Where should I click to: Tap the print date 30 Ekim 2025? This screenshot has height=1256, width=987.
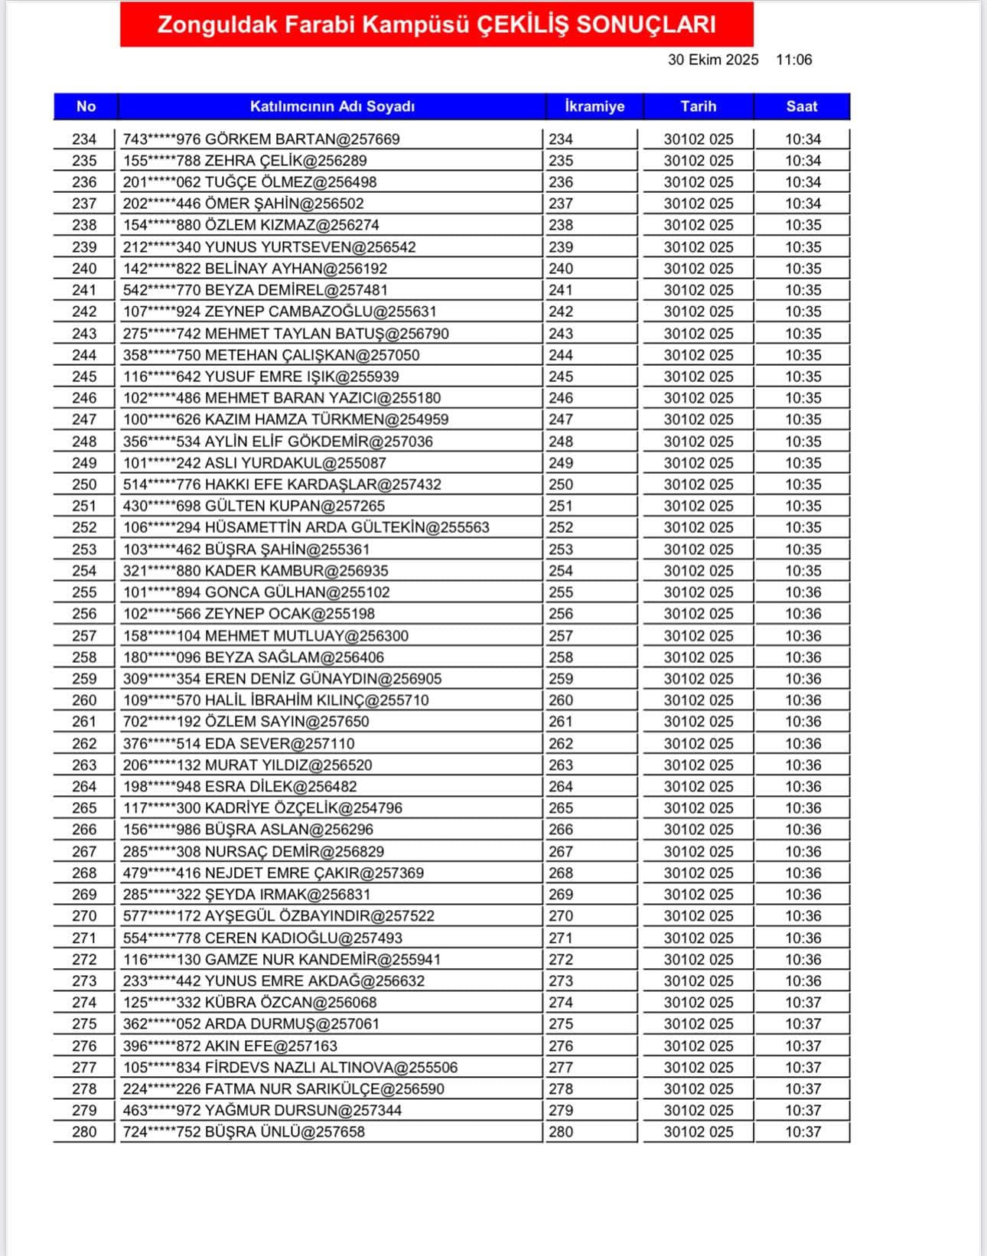pyautogui.click(x=713, y=60)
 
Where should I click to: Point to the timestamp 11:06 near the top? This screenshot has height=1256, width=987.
pyautogui.click(x=793, y=60)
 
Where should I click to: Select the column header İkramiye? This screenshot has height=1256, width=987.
pyautogui.click(x=594, y=106)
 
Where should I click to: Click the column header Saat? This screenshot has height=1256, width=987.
pyautogui.click(x=801, y=106)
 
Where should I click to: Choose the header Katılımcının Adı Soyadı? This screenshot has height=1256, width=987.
pyautogui.click(x=332, y=106)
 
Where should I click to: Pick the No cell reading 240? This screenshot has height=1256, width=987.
pyautogui.click(x=84, y=269)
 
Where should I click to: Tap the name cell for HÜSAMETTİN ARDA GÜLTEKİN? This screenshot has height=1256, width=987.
pyautogui.click(x=306, y=527)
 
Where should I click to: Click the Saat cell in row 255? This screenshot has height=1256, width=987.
pyautogui.click(x=803, y=592)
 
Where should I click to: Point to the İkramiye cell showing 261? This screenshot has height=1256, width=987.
pyautogui.click(x=561, y=722)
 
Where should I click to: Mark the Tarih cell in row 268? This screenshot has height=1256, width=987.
pyautogui.click(x=698, y=873)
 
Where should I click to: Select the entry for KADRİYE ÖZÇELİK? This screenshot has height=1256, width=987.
pyautogui.click(x=262, y=808)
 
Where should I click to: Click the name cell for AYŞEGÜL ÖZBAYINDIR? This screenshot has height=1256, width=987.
pyautogui.click(x=279, y=916)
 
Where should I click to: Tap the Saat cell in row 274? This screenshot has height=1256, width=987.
pyautogui.click(x=803, y=1003)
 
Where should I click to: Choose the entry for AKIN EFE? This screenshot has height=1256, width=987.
pyautogui.click(x=230, y=1046)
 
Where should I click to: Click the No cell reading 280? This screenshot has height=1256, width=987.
pyautogui.click(x=84, y=1132)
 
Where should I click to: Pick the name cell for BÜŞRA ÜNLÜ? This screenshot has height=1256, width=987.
pyautogui.click(x=244, y=1132)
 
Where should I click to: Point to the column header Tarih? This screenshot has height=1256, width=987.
pyautogui.click(x=698, y=106)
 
